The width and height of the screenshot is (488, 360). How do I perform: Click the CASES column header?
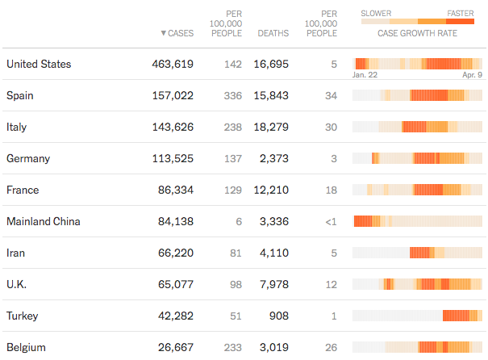181,34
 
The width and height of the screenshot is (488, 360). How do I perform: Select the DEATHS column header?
273,34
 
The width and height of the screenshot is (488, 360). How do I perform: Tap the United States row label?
39,64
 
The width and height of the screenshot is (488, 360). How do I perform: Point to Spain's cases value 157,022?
173,95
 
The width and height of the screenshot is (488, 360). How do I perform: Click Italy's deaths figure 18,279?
271,127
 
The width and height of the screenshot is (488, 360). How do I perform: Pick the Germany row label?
29,158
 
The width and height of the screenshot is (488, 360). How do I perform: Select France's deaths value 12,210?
271,190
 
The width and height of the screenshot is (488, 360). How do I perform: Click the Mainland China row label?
43,221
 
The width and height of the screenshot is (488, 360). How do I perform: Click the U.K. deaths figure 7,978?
273,284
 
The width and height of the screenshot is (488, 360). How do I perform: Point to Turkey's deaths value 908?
277,316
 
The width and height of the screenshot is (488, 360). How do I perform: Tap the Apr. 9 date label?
472,74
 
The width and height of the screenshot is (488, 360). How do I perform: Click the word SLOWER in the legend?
377,13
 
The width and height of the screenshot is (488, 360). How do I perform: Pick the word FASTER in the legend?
461,13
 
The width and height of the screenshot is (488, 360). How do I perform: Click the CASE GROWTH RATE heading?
418,34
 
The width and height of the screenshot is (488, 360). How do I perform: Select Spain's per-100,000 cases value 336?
232,95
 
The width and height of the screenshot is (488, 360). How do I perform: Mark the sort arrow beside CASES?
163,34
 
